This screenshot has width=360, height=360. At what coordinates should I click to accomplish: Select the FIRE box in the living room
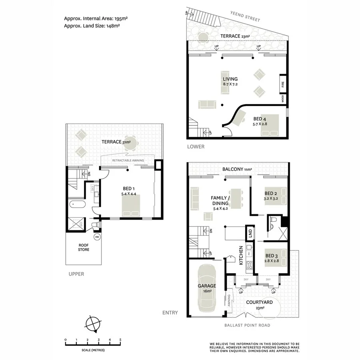tap(283, 84)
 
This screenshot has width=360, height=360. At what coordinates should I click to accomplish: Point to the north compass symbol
tap(93, 323)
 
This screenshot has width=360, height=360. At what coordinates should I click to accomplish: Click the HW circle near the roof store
tap(97, 237)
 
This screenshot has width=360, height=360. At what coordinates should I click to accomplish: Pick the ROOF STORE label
tap(84, 247)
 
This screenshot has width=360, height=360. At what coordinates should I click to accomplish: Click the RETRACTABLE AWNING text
tap(128, 161)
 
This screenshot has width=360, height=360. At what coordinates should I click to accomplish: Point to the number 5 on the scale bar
tap(120, 340)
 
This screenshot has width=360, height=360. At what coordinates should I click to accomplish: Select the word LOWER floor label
tap(196, 147)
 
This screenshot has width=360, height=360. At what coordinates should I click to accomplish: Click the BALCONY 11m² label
tap(237, 170)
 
